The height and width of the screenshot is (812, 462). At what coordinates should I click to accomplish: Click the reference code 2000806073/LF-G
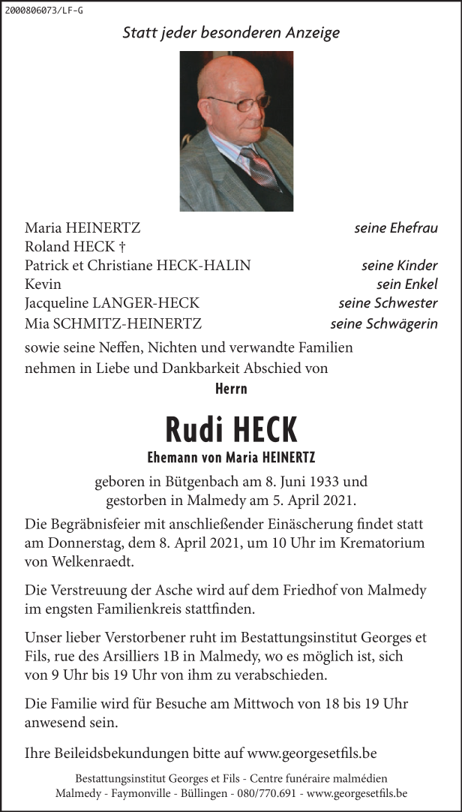(x=43, y=10)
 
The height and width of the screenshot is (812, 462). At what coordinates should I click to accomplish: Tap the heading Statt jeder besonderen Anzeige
(x=231, y=33)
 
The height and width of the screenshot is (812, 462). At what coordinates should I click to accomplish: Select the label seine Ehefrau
(x=396, y=227)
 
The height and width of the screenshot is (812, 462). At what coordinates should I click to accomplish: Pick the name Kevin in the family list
(x=43, y=284)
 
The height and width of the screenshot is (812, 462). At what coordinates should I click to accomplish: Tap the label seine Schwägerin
(x=384, y=324)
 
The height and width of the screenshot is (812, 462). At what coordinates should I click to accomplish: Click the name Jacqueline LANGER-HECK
(x=112, y=303)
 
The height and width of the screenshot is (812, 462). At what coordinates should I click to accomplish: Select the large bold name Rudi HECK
(x=231, y=430)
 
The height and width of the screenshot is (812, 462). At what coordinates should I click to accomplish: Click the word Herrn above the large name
(x=231, y=389)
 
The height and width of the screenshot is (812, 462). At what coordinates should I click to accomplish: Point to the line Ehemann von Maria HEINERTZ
(x=231, y=457)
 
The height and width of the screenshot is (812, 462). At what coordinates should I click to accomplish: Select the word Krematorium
(x=382, y=542)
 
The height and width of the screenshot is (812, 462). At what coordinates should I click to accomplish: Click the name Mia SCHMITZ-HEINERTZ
(x=113, y=324)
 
